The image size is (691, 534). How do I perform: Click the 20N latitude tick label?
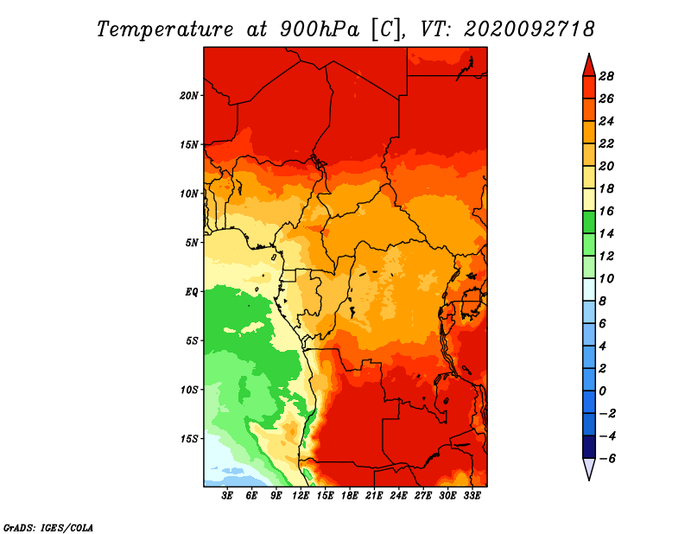(x=188, y=96)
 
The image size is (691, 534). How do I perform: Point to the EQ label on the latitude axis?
(x=191, y=292)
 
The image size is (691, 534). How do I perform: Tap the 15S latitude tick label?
(x=188, y=439)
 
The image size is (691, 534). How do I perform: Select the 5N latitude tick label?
(x=191, y=243)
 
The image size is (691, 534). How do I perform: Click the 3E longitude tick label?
(x=227, y=496)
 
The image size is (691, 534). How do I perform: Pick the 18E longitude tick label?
(x=350, y=496)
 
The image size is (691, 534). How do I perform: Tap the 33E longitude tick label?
(x=472, y=496)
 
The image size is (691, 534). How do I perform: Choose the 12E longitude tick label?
(x=301, y=496)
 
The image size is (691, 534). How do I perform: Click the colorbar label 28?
(x=606, y=76)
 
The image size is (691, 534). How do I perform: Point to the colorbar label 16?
(x=606, y=211)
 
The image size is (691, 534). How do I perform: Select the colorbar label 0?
(x=602, y=391)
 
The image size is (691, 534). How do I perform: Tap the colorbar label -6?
(x=607, y=459)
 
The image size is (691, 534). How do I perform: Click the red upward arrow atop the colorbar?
(x=589, y=67)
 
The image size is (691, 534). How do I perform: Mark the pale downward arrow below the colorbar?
(x=589, y=468)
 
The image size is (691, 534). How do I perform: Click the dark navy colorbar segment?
(x=589, y=447)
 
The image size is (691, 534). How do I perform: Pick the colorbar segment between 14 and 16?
(x=589, y=222)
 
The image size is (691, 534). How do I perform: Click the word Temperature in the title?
(x=165, y=29)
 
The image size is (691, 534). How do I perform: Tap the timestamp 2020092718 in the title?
(x=529, y=29)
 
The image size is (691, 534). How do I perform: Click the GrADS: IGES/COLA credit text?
(x=48, y=527)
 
